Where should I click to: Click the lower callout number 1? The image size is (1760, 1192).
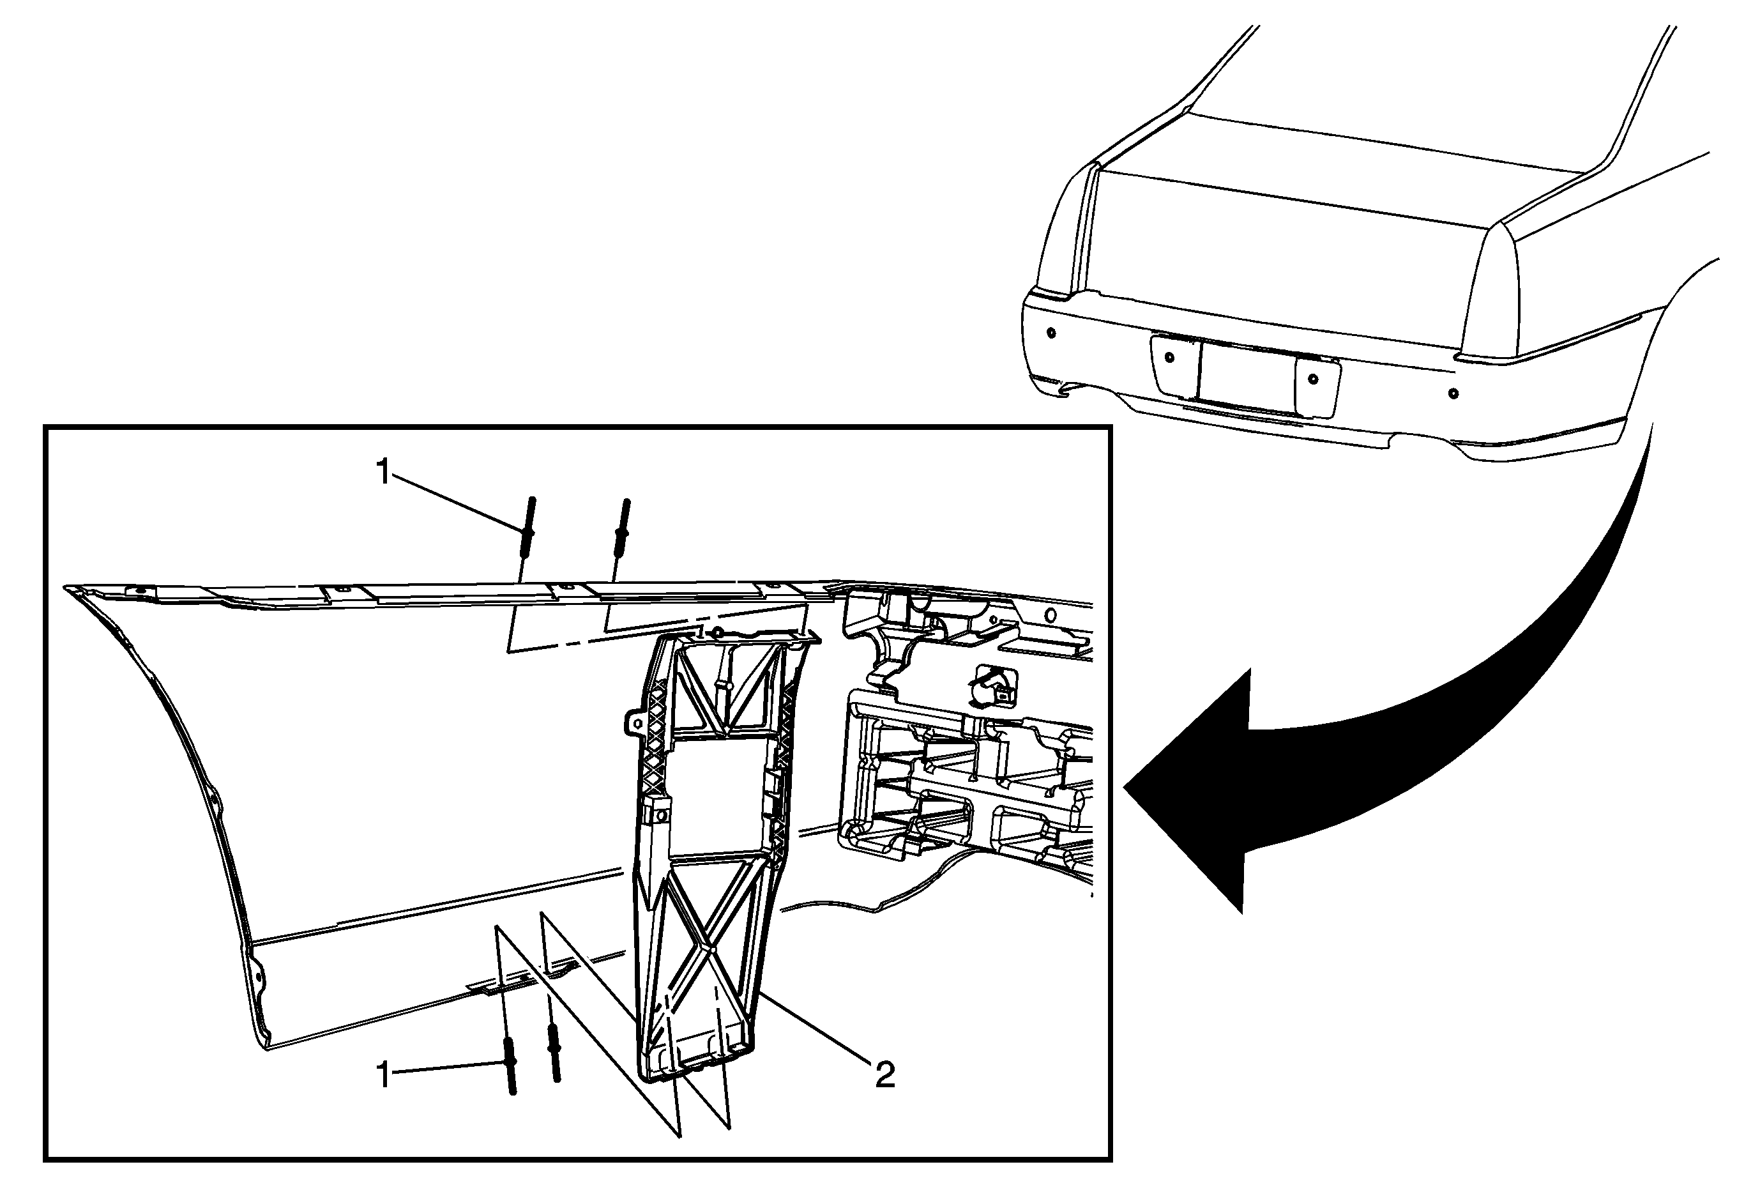tap(384, 1074)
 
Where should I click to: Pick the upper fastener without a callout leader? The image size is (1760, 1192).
tap(623, 528)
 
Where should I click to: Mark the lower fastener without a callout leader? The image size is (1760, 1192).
tap(554, 1053)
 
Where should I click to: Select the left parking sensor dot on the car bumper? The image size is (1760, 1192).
tap(1051, 332)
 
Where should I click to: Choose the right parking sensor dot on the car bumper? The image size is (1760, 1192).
tap(1453, 393)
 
